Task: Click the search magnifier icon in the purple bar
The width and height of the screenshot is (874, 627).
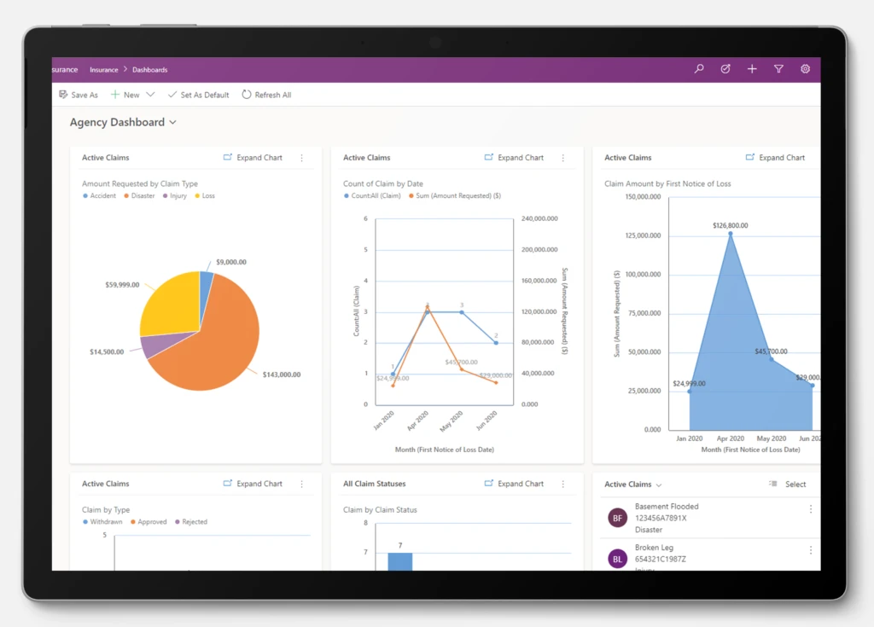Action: tap(699, 69)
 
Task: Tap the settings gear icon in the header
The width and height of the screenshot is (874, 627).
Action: tap(805, 69)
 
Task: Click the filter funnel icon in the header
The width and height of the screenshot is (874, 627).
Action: tap(778, 69)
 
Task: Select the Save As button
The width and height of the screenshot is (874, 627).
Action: tap(79, 95)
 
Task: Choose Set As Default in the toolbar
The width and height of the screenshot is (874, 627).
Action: tap(198, 95)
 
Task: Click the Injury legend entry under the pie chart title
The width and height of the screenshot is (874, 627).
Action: tap(178, 196)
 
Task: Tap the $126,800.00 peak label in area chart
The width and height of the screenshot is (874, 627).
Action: tap(730, 226)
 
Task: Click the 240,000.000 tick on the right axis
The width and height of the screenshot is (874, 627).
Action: tap(539, 218)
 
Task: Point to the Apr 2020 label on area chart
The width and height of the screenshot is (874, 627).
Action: tap(730, 438)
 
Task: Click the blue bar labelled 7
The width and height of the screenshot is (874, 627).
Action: tap(399, 560)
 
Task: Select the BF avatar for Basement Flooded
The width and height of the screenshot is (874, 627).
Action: tap(617, 518)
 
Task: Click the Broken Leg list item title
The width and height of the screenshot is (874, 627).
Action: tap(655, 548)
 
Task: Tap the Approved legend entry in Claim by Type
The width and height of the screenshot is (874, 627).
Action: tap(152, 522)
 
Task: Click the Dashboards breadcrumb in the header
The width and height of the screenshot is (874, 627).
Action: tap(149, 70)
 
